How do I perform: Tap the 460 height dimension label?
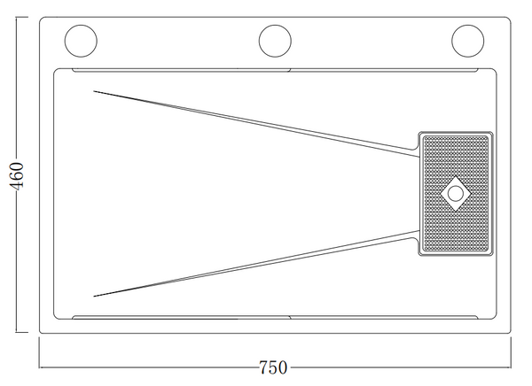[17, 176]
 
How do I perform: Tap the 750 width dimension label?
[273, 367]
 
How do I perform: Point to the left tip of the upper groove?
[94, 91]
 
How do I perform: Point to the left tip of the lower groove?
[94, 297]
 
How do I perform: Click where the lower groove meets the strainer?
[419, 235]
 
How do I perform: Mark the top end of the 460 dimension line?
[17, 17]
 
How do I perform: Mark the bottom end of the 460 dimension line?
[17, 333]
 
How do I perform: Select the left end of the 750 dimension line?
[39, 367]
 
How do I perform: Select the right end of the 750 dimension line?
[511, 367]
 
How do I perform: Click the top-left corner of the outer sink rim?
[40, 18]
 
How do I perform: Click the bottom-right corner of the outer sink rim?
[510, 333]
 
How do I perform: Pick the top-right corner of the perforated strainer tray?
[492, 133]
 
